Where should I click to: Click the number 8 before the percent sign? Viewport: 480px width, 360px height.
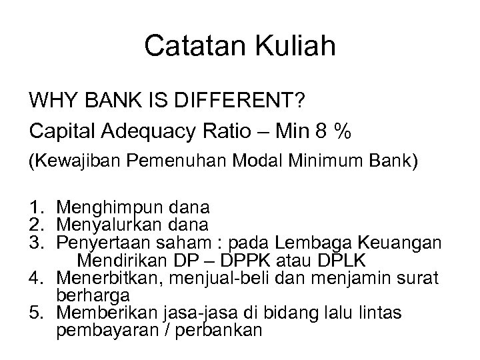coord(324,133)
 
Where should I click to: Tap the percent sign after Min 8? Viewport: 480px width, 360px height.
coord(344,133)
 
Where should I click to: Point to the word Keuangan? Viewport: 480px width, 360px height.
coord(403,243)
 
